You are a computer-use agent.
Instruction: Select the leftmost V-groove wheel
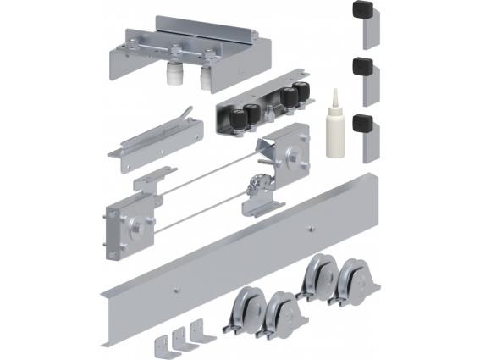point(240,313)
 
